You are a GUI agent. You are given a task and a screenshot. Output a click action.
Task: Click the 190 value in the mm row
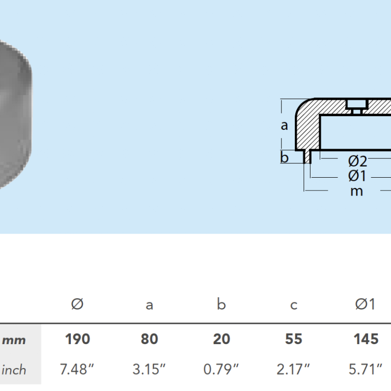77,339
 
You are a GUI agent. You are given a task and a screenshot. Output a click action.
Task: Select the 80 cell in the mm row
149,339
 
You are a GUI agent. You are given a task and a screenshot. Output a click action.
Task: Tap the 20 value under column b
221,339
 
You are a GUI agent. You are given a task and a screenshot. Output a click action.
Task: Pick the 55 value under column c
293,339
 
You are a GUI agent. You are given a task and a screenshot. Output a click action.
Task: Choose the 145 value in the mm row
366,339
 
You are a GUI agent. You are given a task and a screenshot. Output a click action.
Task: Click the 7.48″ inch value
77,369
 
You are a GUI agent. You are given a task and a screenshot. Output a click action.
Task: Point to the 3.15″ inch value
149,369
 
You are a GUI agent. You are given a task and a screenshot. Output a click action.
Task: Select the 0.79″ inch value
221,369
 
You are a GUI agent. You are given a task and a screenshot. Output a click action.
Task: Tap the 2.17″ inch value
293,369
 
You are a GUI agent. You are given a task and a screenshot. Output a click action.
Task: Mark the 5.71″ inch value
366,369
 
